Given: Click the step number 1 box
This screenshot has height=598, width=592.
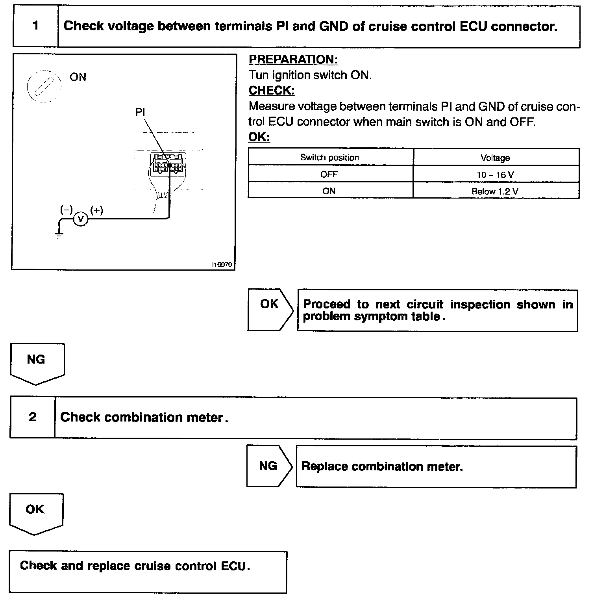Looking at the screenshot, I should (36, 26).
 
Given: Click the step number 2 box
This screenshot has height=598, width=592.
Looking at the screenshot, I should (33, 417).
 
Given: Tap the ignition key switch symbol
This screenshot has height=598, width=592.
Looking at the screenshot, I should (43, 86).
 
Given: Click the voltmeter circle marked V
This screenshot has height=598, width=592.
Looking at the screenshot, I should (81, 219).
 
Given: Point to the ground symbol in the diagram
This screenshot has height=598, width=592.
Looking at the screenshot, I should (59, 235).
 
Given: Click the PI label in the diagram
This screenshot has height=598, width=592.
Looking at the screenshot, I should (140, 112).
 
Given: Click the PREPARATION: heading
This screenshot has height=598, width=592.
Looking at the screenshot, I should (293, 59).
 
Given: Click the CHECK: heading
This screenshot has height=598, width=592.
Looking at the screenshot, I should (272, 91).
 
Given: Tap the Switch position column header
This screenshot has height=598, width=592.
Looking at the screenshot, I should (329, 158).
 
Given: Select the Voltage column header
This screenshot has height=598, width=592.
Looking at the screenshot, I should (495, 158).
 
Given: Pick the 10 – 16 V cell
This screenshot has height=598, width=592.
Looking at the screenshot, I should (495, 175).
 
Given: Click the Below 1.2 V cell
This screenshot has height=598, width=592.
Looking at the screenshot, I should (495, 191).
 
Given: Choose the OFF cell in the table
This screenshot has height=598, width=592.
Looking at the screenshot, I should (329, 175).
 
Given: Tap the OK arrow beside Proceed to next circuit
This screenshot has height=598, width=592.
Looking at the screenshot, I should (270, 310).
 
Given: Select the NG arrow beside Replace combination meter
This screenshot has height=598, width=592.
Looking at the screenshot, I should (268, 466).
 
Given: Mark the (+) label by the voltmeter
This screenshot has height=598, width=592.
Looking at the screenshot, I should (96, 210).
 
